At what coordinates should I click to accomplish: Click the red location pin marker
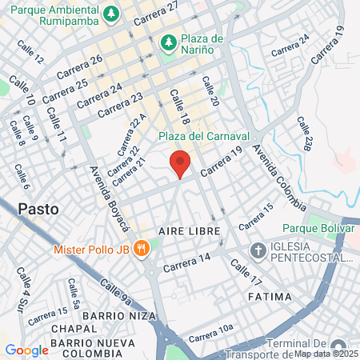click(x=181, y=163)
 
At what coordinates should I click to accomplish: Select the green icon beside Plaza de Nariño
click(x=168, y=42)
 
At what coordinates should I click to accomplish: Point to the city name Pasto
click(x=38, y=209)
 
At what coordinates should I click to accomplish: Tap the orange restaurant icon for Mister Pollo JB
click(x=141, y=248)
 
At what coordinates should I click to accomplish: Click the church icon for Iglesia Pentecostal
click(x=258, y=250)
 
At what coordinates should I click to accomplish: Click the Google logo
click(x=26, y=350)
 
